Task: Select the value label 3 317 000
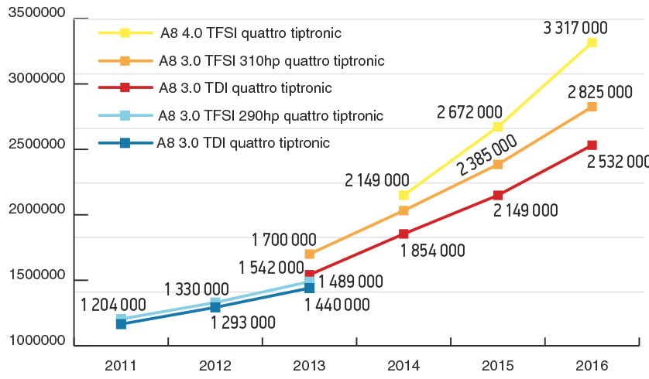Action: [x=576, y=29]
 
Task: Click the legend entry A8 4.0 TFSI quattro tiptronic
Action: [x=251, y=34]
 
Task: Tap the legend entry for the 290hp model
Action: [x=270, y=116]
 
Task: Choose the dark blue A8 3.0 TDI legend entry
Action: [x=243, y=142]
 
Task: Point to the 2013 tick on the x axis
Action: [x=309, y=364]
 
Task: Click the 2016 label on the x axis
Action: [x=592, y=364]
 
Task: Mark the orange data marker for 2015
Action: [x=498, y=164]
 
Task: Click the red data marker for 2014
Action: [x=403, y=234]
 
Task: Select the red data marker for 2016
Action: [x=592, y=145]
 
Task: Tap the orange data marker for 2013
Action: [x=309, y=254]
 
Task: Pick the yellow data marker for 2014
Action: [x=403, y=195]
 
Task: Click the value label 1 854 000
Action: [x=433, y=250]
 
